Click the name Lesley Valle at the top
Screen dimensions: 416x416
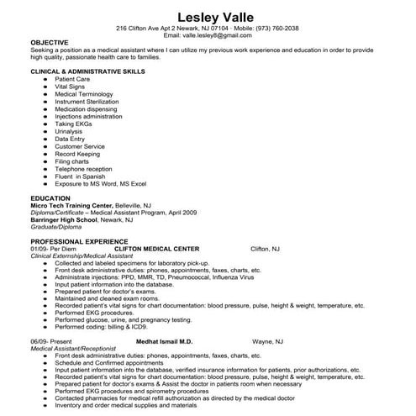pos(208,16)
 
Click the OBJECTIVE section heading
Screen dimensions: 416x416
pos(50,41)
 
